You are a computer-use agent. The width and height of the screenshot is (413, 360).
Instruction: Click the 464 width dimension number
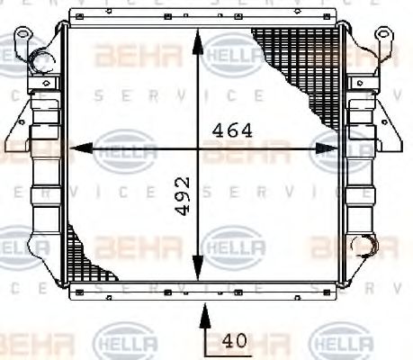tap(231, 130)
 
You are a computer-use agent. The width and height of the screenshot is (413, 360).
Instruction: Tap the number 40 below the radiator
tap(234, 342)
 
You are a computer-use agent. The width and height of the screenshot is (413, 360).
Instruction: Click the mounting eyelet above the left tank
tap(25, 40)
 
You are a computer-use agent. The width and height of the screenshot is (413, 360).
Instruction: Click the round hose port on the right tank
tap(366, 245)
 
